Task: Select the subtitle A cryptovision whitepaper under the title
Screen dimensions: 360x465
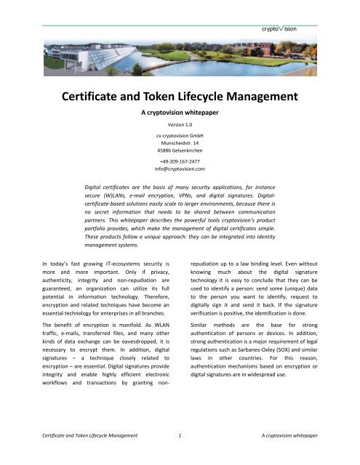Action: click(x=180, y=114)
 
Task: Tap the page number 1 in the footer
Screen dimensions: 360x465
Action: click(x=180, y=454)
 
